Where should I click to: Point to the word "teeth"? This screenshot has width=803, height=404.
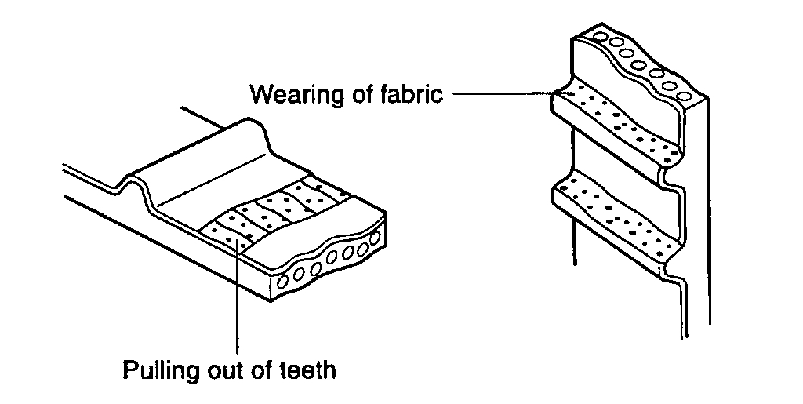tap(307, 369)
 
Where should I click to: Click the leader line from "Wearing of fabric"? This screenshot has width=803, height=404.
tap(502, 94)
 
